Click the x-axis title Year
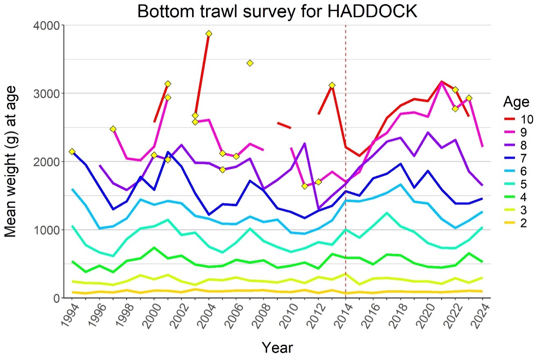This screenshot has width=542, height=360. [277, 347]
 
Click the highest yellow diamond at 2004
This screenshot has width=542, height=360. [209, 34]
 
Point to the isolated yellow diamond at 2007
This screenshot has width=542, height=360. [250, 63]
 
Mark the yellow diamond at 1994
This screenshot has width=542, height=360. [72, 152]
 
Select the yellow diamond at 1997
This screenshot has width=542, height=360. [113, 129]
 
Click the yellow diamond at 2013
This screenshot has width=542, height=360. [332, 85]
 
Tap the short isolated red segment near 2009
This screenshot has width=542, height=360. [284, 125]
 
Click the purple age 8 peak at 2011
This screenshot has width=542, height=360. [304, 144]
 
